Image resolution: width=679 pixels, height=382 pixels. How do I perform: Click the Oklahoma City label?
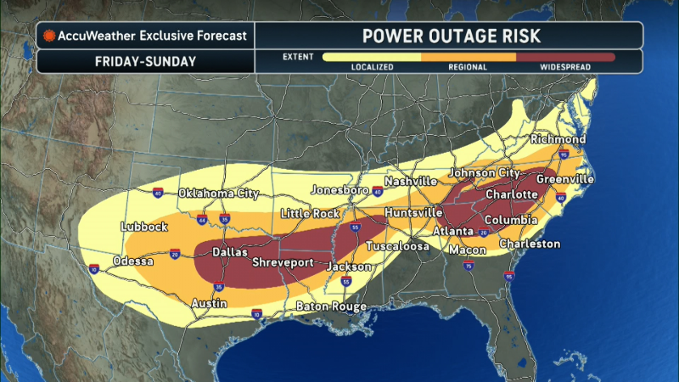(x=218, y=194)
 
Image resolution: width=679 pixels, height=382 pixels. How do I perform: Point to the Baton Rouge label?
(x=331, y=306)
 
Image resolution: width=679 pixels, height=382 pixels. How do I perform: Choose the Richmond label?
(x=558, y=139)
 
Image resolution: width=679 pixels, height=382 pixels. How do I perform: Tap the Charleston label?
(x=530, y=244)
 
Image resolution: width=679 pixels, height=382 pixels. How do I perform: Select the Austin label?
(x=208, y=303)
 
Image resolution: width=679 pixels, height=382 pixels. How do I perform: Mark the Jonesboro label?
(x=341, y=189)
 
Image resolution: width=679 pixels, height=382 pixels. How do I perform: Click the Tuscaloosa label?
(x=397, y=247)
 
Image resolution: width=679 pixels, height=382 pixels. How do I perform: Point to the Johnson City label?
(x=484, y=174)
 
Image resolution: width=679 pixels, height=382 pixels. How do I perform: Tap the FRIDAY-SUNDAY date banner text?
(x=144, y=61)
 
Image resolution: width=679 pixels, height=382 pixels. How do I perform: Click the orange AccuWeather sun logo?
(x=50, y=36)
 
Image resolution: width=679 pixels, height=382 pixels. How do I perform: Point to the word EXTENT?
(x=297, y=57)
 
